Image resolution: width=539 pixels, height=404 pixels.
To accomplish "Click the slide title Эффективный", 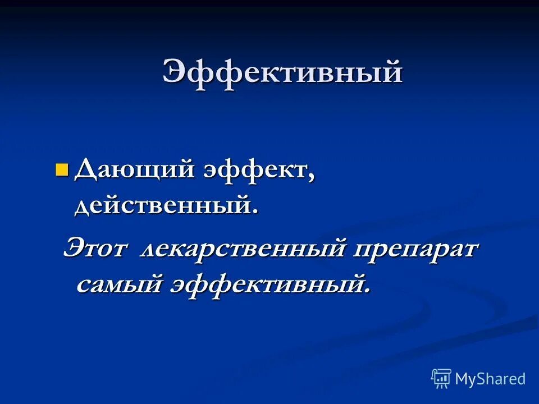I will (x=282, y=73).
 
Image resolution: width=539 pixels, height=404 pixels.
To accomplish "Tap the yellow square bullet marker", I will (x=62, y=169).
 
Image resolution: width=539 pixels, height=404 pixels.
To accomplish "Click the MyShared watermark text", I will (x=490, y=379).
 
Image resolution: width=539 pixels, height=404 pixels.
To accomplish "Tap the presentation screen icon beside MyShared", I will (x=441, y=379).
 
